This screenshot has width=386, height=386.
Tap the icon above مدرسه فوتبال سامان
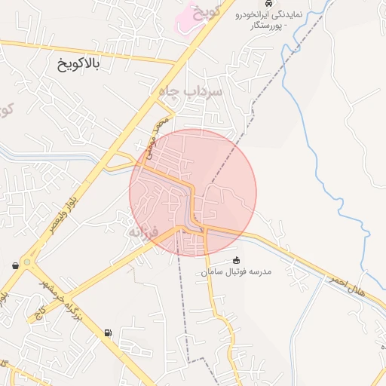click(236, 260)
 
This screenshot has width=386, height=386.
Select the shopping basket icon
click(16, 265)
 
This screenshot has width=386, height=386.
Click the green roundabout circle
click(27, 262)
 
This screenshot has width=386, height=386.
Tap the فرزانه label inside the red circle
click(143, 231)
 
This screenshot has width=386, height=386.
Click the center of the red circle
click(194, 192)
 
